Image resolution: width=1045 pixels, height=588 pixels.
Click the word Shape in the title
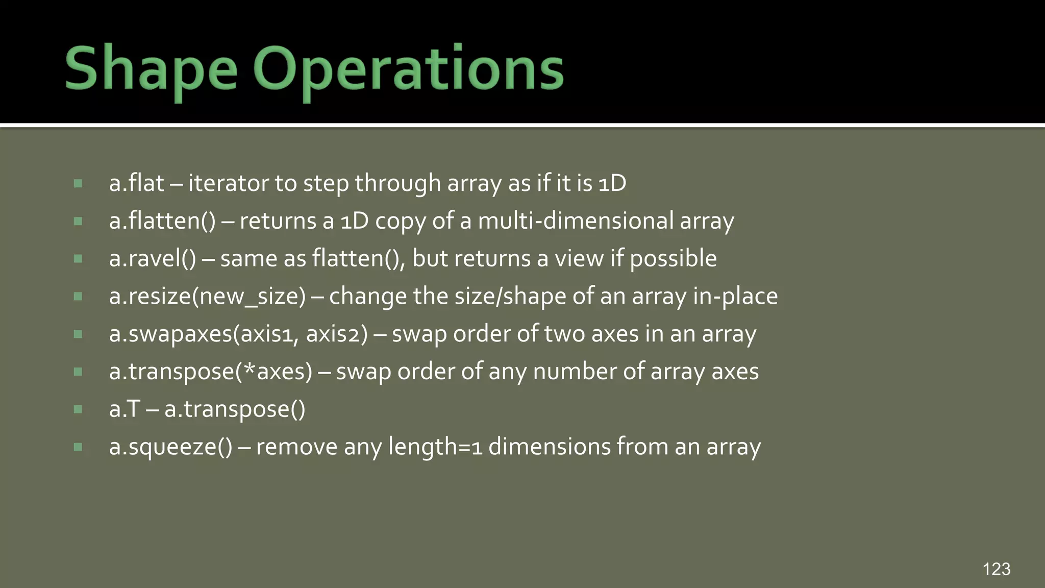pyautogui.click(x=151, y=69)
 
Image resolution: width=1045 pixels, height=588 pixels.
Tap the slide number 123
pyautogui.click(x=996, y=569)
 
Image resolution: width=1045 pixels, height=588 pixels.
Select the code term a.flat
pyautogui.click(x=136, y=183)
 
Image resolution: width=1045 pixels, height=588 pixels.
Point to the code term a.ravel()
pyautogui.click(x=152, y=258)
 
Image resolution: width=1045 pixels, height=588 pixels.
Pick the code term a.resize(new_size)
pyautogui.click(x=207, y=296)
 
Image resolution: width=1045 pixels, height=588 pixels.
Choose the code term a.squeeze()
pyautogui.click(x=170, y=447)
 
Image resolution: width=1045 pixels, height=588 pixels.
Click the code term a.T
pyautogui.click(x=124, y=409)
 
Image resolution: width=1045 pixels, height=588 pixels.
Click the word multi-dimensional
pyautogui.click(x=576, y=220)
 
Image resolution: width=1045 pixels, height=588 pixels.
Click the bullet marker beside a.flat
pyautogui.click(x=78, y=183)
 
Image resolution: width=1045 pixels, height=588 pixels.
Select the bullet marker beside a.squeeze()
pyautogui.click(x=78, y=447)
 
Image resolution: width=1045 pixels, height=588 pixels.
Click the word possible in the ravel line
pyautogui.click(x=673, y=258)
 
